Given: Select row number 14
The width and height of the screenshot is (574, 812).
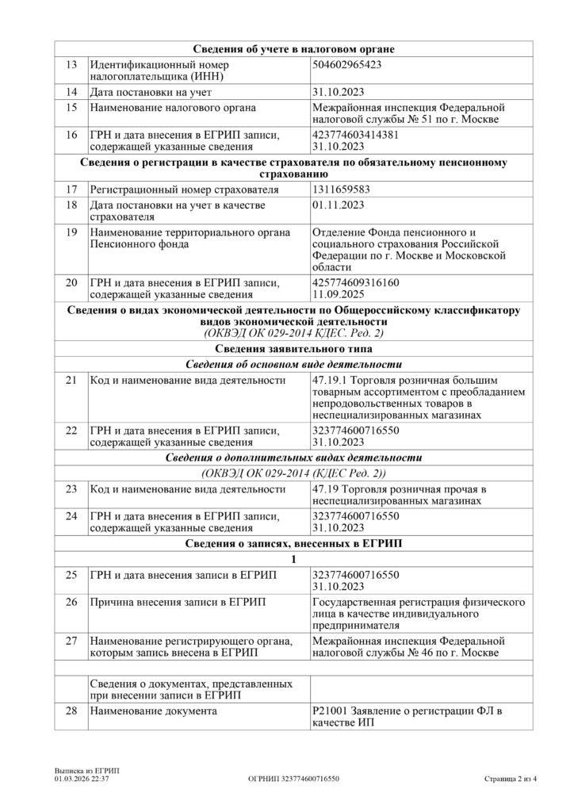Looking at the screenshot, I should click(71, 92).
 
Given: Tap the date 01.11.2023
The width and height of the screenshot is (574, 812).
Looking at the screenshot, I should click(339, 205).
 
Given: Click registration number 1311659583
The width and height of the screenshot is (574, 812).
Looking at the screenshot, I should click(342, 190).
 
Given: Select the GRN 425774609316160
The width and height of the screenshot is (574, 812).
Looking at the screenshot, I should click(356, 281).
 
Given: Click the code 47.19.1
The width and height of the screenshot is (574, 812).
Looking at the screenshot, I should click(331, 380).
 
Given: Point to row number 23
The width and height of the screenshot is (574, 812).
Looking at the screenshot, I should click(71, 489).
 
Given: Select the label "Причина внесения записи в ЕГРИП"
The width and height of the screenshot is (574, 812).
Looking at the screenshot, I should click(178, 602).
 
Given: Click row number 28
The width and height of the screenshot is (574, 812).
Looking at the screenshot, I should click(71, 712).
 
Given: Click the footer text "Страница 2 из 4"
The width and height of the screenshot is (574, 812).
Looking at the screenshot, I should click(511, 779).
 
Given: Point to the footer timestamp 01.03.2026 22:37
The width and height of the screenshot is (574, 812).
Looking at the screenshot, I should click(82, 779).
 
